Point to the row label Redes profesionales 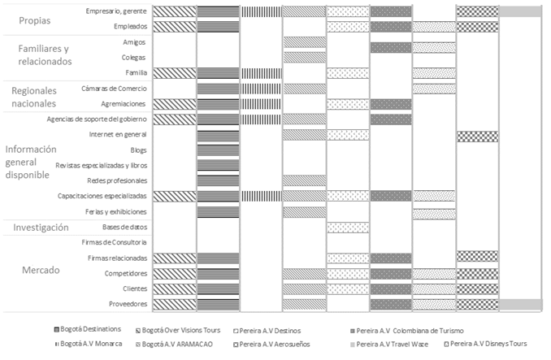[117, 180]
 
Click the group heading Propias [33, 20]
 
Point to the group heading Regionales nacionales [33, 96]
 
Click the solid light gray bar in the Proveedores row [520, 304]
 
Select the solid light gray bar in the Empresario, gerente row [520, 11]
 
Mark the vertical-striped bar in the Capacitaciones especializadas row [261, 196]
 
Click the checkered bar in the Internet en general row [477, 135]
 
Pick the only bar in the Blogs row [217, 150]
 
